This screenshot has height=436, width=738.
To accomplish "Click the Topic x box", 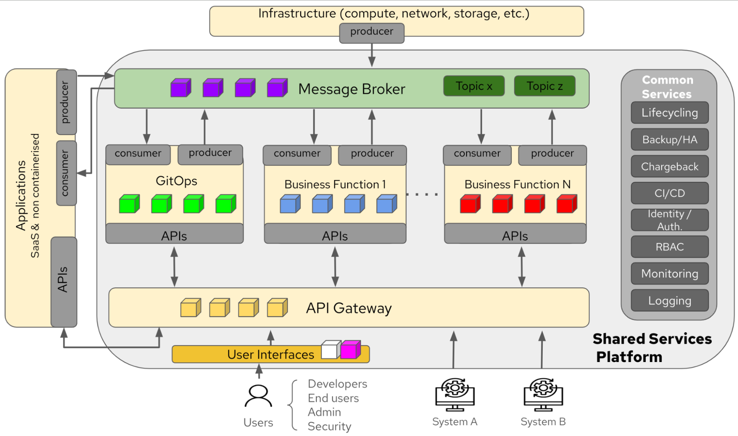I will pyautogui.click(x=474, y=86).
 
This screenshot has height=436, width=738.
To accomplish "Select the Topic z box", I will pyautogui.click(x=545, y=86).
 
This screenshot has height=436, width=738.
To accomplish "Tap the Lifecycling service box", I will pyautogui.click(x=669, y=113).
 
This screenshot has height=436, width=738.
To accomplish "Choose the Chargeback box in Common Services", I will pyautogui.click(x=669, y=167).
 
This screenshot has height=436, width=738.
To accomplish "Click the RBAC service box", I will pyautogui.click(x=669, y=247).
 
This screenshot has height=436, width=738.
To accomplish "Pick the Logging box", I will pyautogui.click(x=669, y=301).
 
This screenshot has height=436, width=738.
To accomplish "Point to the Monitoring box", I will pyautogui.click(x=669, y=274).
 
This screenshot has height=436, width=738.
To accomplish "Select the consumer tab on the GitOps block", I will pyautogui.click(x=138, y=154).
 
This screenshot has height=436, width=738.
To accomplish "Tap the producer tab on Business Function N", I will pyautogui.click(x=552, y=154).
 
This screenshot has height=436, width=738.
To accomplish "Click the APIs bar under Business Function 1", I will pyautogui.click(x=335, y=235).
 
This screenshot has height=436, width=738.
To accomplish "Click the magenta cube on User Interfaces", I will pyautogui.click(x=350, y=350).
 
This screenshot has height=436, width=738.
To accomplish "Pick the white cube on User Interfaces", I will pyautogui.click(x=330, y=350).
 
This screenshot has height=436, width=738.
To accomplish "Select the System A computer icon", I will pyautogui.click(x=455, y=395).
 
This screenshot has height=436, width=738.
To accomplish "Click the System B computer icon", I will pyautogui.click(x=543, y=395).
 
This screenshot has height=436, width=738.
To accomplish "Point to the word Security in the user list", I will pyautogui.click(x=329, y=426).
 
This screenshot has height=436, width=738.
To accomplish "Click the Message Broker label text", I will pyautogui.click(x=351, y=89).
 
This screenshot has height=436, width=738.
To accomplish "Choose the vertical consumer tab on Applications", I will pyautogui.click(x=66, y=173).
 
